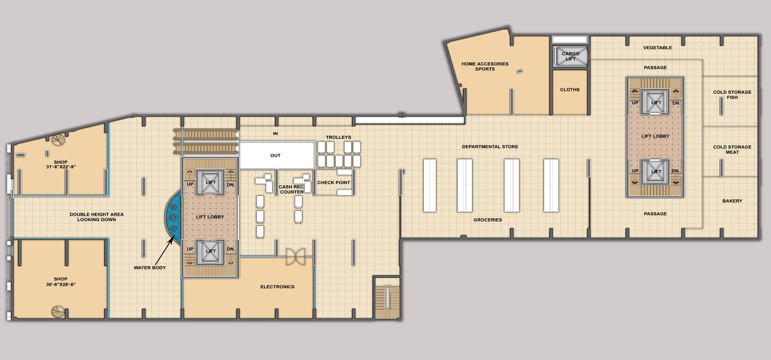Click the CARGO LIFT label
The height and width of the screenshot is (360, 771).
click(571, 56)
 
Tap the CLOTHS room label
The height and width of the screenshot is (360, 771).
click(570, 89)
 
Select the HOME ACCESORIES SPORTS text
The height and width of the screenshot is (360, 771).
click(485, 66)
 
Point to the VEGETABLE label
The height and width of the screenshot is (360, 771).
click(657, 47)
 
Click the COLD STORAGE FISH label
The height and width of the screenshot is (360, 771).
click(732, 95)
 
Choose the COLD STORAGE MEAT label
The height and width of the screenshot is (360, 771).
click(732, 150)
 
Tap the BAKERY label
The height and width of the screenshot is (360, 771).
click(732, 201)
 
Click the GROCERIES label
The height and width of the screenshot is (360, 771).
click(487, 220)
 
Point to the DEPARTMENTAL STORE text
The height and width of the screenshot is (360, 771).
click(490, 147)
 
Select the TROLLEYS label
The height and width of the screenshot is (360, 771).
click(338, 137)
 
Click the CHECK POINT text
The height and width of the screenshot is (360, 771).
click(334, 183)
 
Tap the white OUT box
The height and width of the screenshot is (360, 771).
click(277, 155)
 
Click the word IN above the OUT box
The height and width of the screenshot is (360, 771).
click(276, 134)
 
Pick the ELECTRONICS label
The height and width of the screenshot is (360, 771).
click(278, 286)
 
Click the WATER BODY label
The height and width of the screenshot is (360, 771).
click(150, 267)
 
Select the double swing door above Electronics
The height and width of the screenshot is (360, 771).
click(296, 257)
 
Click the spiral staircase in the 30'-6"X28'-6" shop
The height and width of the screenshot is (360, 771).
click(58, 312)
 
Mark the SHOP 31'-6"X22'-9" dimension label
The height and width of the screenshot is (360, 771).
click(61, 165)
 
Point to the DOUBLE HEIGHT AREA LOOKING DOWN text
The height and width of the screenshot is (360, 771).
click(97, 217)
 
